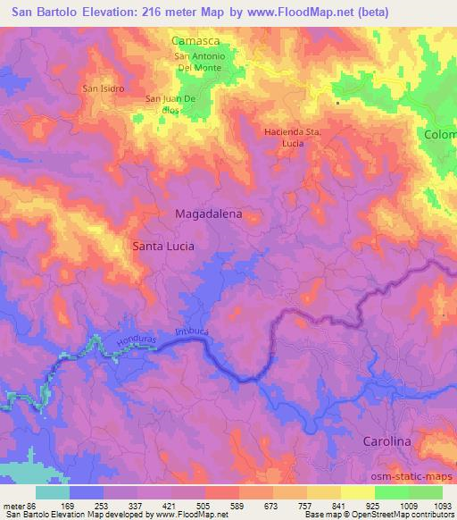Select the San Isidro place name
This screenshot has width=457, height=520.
[103, 88]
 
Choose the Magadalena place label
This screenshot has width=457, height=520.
[208, 214]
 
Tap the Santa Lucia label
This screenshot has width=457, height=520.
[163, 245]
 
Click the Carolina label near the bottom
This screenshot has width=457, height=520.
[386, 441]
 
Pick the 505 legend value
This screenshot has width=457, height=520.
[204, 504]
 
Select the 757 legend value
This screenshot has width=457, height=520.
[306, 504]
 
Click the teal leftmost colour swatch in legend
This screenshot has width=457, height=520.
[53, 492]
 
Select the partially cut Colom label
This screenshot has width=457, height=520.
[440, 135]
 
